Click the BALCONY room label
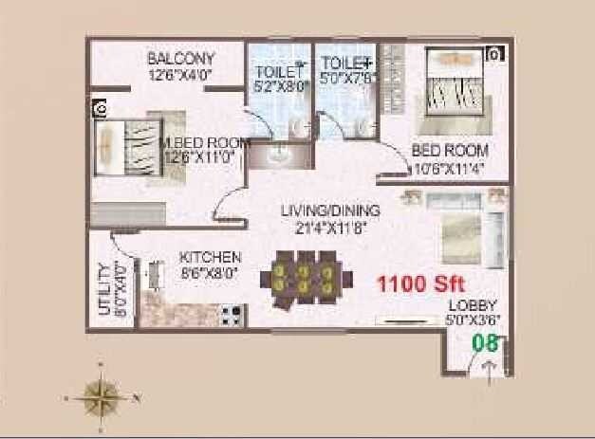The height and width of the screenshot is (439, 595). point(181,59)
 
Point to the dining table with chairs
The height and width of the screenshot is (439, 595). point(300,278)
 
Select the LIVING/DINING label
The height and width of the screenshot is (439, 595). point(330,210)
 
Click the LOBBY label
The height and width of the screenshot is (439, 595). point(474,305)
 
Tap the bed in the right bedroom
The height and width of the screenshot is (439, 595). point(458,91)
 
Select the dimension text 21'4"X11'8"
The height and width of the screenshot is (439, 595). point(330,227)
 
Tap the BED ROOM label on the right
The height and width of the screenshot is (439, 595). point(450,150)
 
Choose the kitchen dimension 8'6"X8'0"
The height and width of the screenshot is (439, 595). point(211,273)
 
